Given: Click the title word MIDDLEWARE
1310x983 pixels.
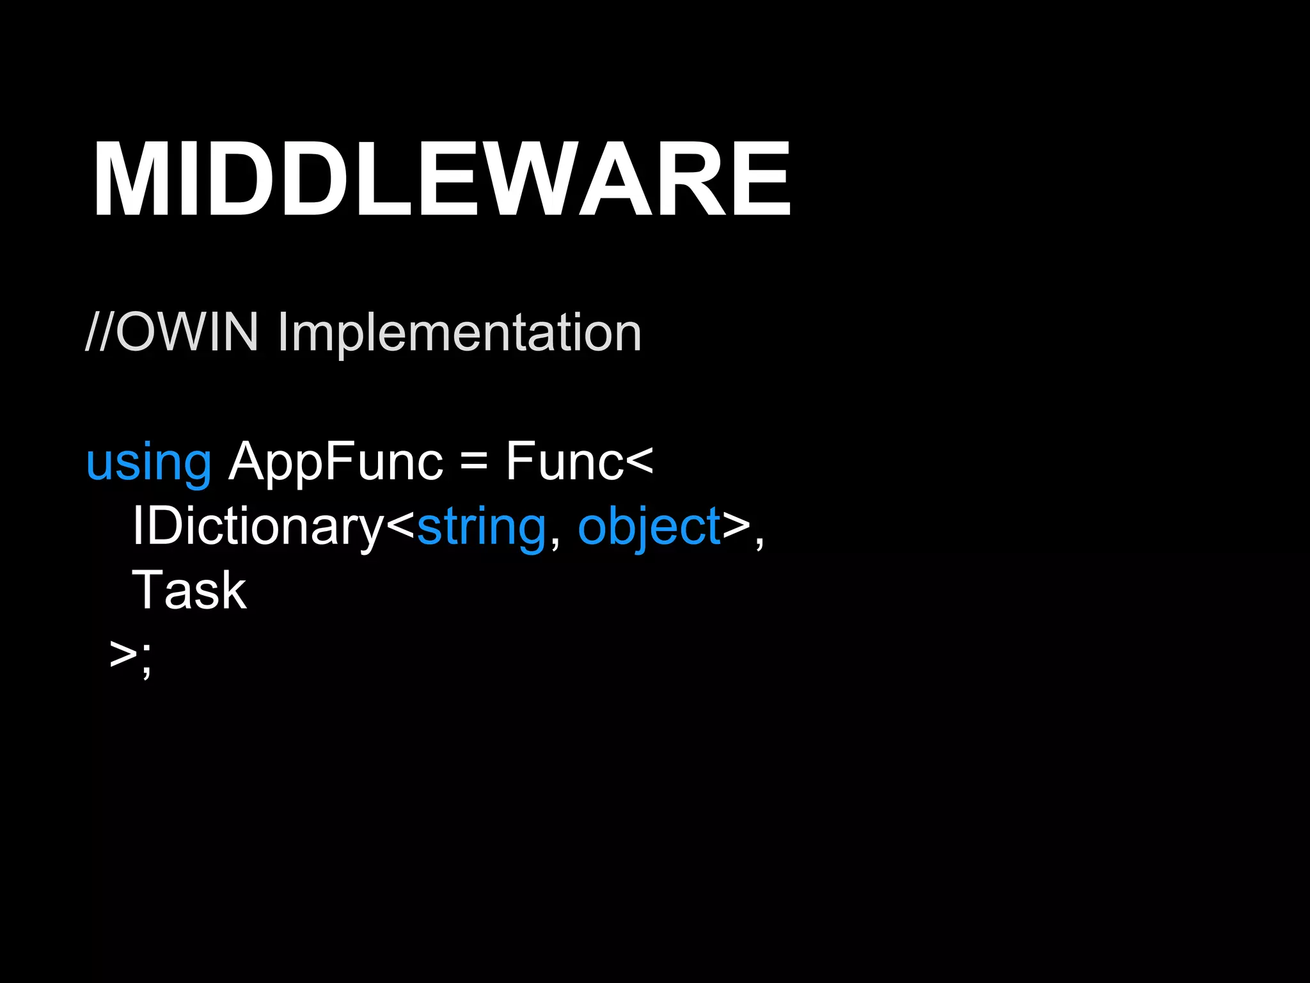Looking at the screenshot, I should click(x=441, y=180).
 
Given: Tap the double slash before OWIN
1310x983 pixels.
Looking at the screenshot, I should click(x=100, y=332).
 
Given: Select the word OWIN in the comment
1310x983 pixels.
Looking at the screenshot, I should click(x=187, y=332).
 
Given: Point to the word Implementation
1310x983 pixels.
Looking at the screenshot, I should click(x=459, y=333).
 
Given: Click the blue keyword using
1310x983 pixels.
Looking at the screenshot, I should click(x=148, y=462).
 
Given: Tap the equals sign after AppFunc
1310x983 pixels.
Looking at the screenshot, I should click(x=473, y=461).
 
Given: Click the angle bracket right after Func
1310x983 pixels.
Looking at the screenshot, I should click(x=639, y=461).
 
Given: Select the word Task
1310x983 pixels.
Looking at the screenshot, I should click(x=189, y=590).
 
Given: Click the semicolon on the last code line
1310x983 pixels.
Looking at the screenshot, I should click(x=147, y=659).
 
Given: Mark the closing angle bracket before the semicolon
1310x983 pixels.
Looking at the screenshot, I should click(x=123, y=654).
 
